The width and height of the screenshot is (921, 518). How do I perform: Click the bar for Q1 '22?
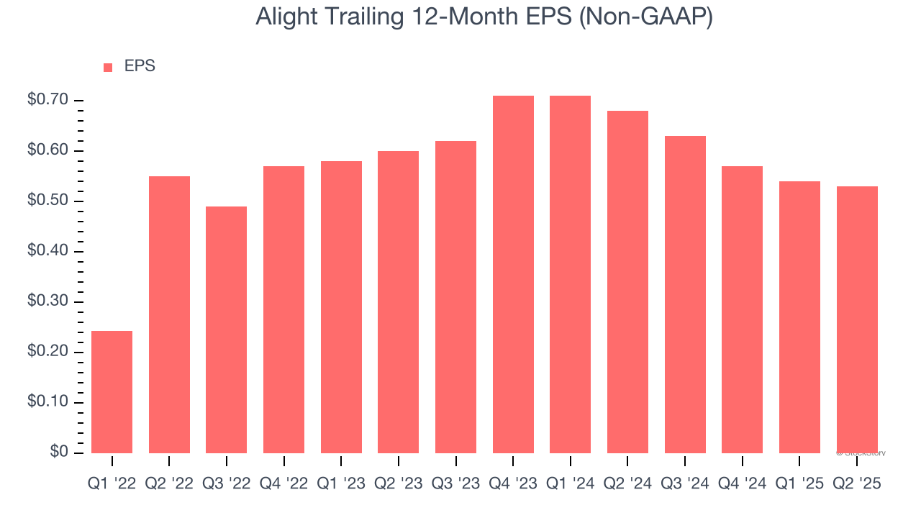(112, 392)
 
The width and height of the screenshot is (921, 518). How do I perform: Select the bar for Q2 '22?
(169, 314)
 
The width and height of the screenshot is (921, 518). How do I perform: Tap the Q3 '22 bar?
(226, 330)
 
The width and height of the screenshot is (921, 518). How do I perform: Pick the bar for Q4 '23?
(513, 274)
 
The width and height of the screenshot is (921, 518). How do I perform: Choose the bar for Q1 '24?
(570, 274)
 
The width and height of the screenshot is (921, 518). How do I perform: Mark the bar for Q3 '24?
(685, 294)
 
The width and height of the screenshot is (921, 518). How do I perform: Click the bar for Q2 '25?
(857, 319)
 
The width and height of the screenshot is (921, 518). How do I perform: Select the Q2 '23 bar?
(398, 301)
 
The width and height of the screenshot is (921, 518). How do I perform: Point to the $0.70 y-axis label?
(47, 100)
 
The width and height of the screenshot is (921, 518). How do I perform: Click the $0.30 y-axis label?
(47, 301)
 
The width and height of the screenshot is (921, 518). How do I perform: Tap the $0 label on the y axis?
(59, 452)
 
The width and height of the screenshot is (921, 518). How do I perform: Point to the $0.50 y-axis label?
(47, 201)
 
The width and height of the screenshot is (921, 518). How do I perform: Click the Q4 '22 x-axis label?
(283, 484)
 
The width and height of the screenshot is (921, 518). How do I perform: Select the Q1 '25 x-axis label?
(799, 484)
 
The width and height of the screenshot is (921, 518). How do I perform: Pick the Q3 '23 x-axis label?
(455, 484)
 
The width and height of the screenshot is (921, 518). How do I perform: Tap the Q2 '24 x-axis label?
(627, 484)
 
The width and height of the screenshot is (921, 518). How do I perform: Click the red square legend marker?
(108, 67)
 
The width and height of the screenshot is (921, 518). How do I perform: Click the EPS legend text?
(140, 66)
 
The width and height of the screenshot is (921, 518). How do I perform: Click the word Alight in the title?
(284, 17)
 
